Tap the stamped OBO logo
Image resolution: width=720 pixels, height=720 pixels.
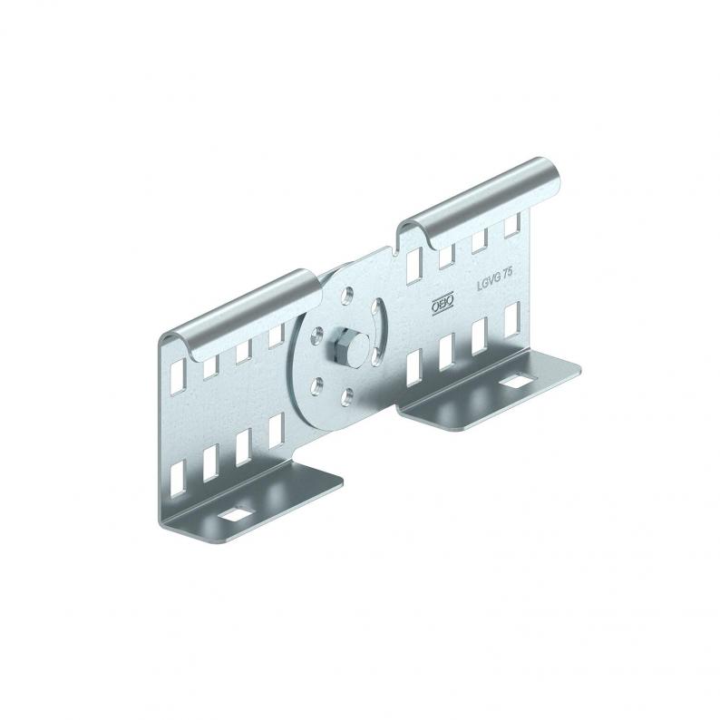[443, 303]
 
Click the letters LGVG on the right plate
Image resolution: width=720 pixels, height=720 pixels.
[488, 282]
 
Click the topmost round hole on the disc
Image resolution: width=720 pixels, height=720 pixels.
[348, 296]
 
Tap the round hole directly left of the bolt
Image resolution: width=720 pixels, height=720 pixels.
[316, 336]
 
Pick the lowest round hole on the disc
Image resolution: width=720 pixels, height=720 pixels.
[347, 397]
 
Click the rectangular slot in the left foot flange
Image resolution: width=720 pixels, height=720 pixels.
[236, 514]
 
